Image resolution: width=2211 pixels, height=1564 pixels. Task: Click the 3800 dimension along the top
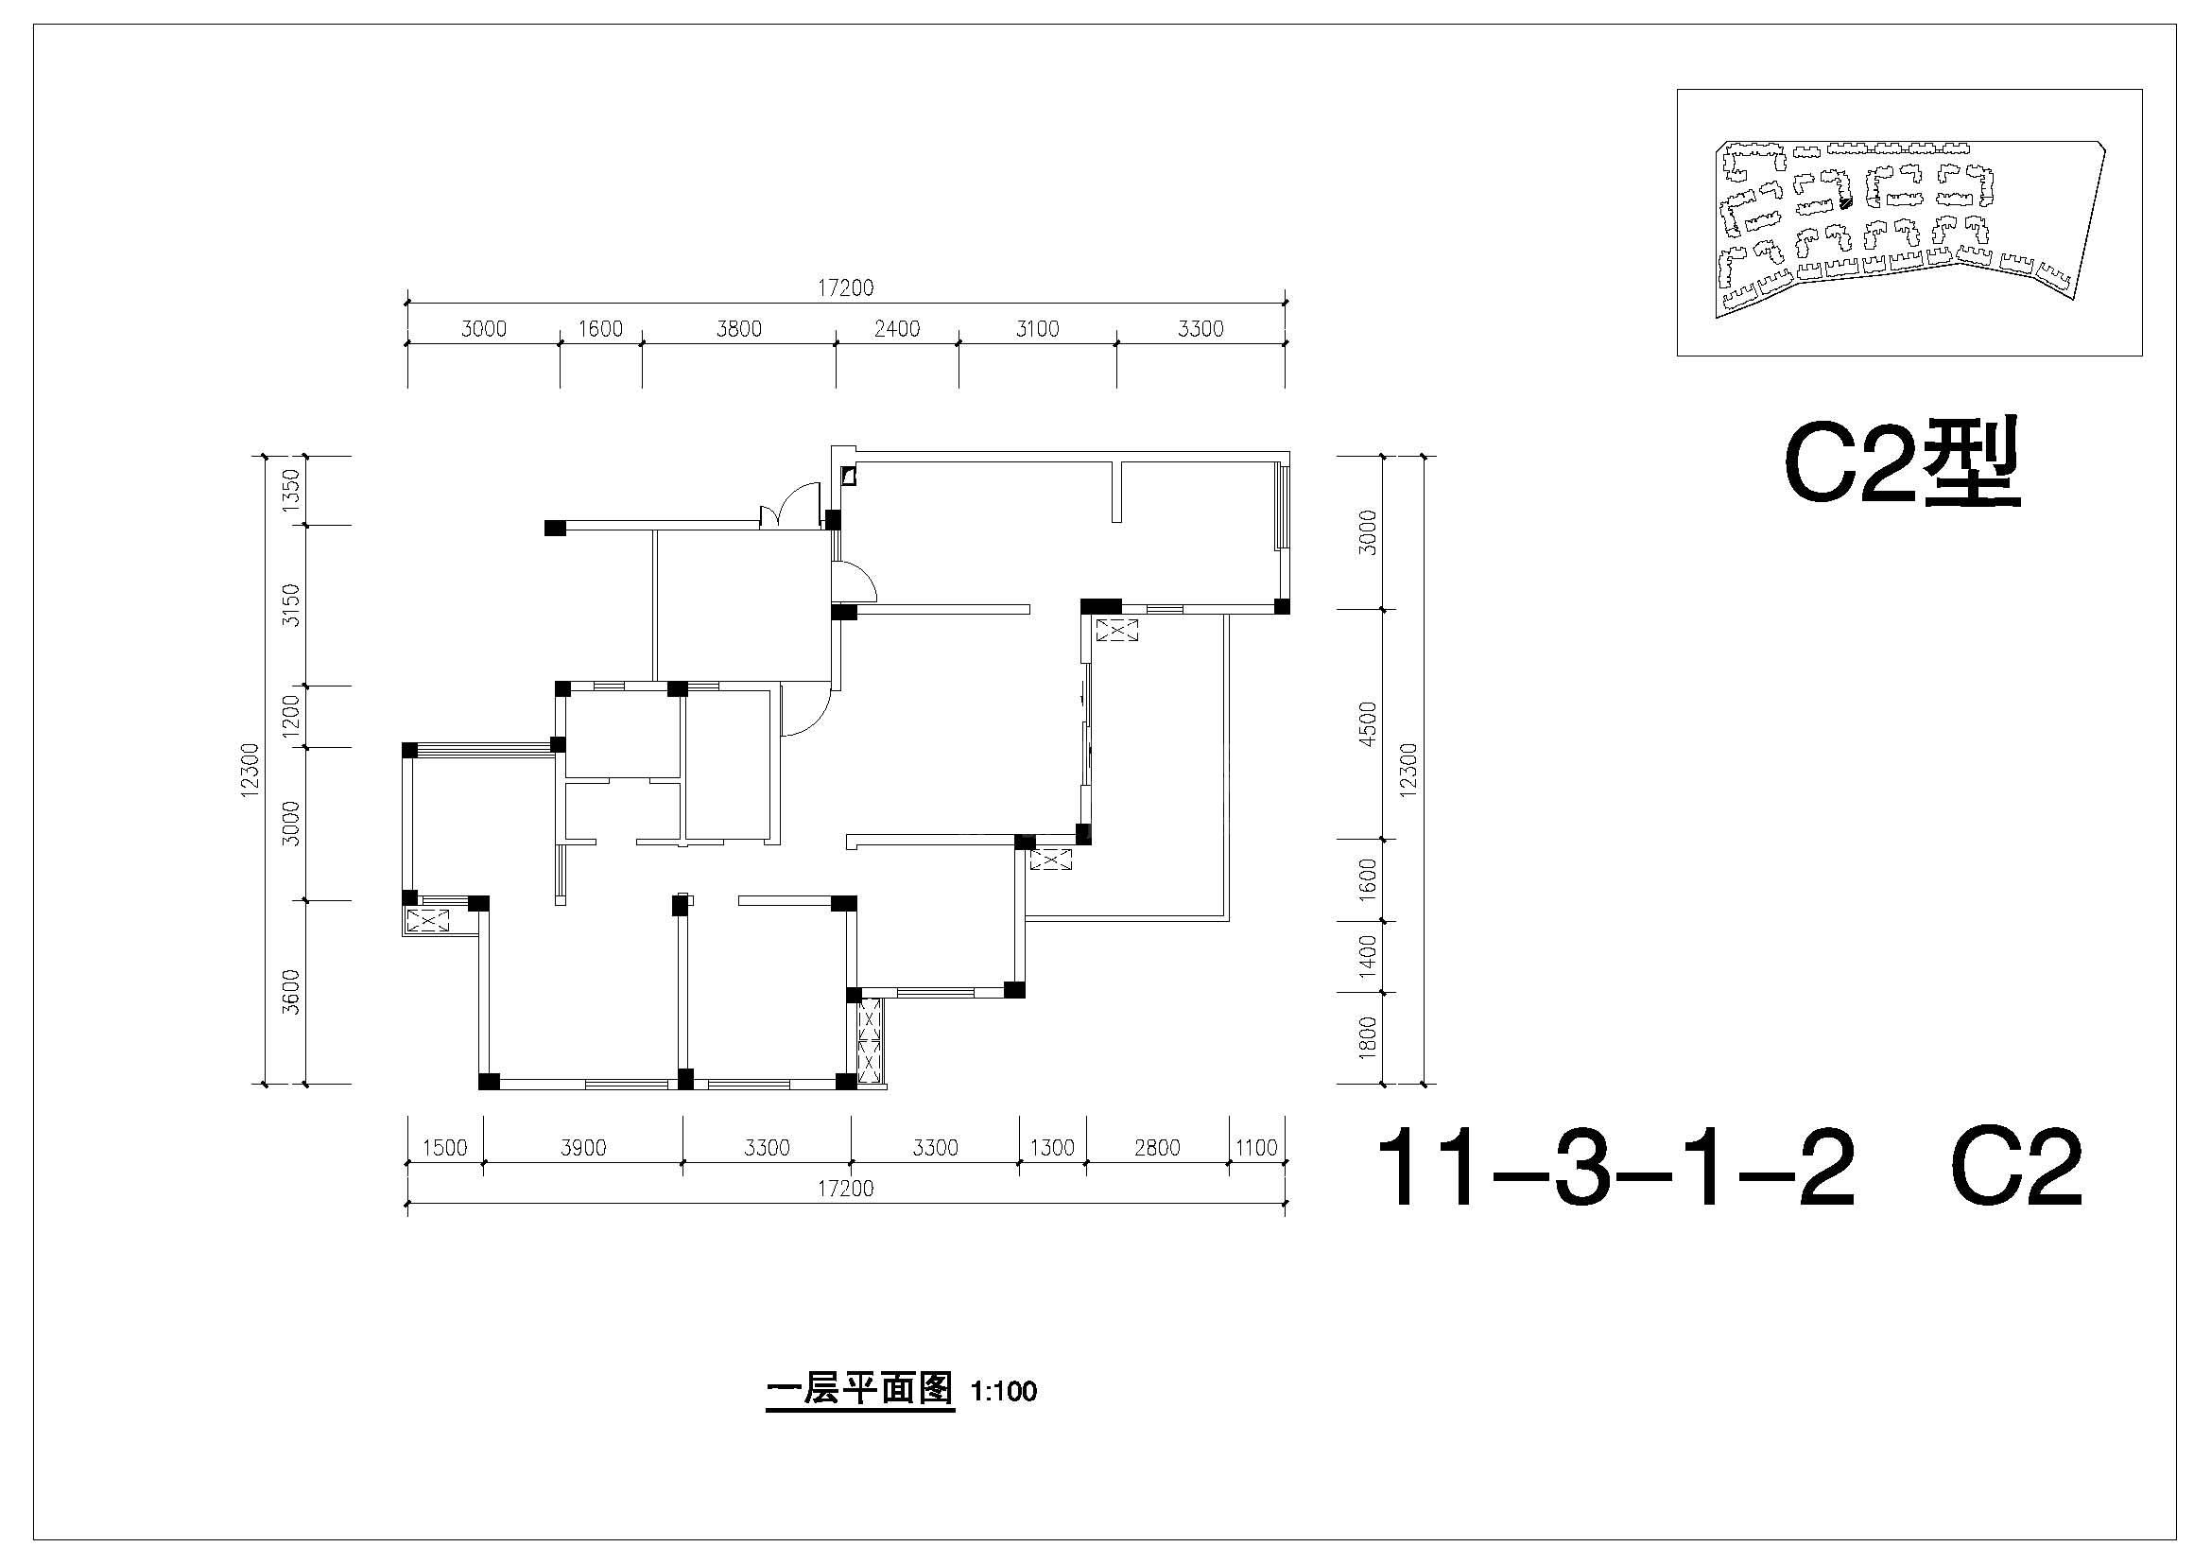(738, 329)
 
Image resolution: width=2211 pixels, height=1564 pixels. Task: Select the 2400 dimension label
(896, 329)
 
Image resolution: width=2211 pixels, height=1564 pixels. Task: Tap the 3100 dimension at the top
(1037, 329)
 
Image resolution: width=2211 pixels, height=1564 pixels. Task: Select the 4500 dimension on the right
(1368, 724)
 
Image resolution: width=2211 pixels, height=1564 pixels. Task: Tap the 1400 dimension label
(1368, 956)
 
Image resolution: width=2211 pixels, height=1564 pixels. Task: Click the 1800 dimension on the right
(1368, 1037)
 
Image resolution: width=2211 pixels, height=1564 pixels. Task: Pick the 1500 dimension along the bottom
(445, 1148)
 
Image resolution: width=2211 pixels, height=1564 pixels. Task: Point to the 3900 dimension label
(583, 1148)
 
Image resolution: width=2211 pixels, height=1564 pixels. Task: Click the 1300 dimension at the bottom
(1052, 1148)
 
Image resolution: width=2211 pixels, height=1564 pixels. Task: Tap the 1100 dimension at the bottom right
(1256, 1148)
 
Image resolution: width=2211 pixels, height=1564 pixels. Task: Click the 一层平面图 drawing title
(859, 1390)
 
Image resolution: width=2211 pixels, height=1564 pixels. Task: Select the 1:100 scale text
(1005, 1392)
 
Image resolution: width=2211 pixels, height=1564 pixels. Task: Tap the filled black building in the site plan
(1845, 202)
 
